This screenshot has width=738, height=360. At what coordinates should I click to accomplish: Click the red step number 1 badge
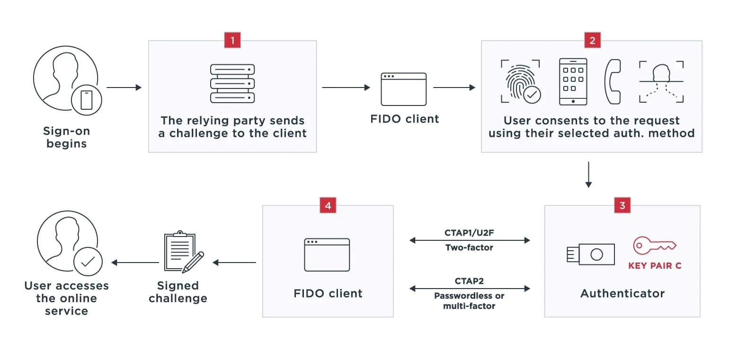click(232, 40)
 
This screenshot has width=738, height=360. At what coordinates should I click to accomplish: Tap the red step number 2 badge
click(592, 40)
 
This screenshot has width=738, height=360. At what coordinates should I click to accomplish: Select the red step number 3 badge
click(622, 205)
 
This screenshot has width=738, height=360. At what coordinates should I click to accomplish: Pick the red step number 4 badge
click(328, 205)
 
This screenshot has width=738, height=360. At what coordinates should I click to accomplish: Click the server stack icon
click(232, 84)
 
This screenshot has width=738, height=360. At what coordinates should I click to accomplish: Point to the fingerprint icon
click(520, 81)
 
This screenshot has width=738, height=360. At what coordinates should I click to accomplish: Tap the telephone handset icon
click(613, 81)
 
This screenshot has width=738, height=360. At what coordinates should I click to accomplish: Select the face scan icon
click(661, 81)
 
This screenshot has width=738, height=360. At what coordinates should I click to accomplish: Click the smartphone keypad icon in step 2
click(573, 81)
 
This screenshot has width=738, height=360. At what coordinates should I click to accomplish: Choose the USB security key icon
click(590, 255)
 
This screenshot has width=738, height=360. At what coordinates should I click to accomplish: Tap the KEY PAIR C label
click(655, 266)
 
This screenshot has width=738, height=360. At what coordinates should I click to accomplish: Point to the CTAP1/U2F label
click(469, 233)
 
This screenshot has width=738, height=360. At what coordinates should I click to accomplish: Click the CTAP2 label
click(469, 281)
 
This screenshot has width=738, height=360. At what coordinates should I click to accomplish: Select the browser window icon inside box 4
click(327, 255)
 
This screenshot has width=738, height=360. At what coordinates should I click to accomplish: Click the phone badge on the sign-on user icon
click(87, 100)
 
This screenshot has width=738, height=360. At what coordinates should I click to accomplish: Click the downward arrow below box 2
click(588, 175)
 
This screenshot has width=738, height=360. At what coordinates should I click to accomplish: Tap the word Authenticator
click(622, 293)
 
